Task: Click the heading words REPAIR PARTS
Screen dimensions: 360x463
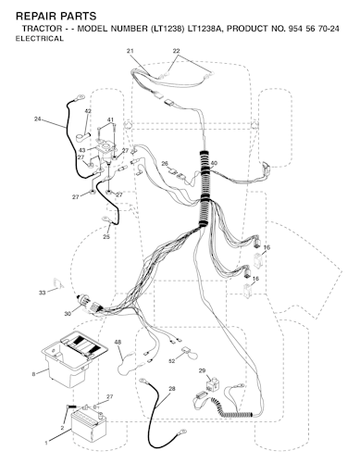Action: coord(56,16)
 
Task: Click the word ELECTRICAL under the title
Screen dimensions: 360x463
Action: coord(40,39)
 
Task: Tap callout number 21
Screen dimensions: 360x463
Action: coord(130,51)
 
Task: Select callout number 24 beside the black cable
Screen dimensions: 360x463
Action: coord(38,119)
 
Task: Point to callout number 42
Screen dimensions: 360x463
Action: coord(88,111)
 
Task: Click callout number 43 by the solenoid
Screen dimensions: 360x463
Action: coord(82,150)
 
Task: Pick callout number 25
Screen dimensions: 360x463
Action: coord(106,237)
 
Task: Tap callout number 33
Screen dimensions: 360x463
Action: coord(42,293)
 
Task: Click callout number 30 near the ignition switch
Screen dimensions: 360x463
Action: coord(68,314)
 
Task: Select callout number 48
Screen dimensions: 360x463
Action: coord(118,342)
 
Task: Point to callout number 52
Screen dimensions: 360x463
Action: coord(172,360)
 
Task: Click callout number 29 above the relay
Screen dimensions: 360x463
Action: coord(202,370)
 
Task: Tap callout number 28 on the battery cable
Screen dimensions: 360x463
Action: coord(172,389)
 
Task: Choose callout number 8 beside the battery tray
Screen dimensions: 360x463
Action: coord(33,374)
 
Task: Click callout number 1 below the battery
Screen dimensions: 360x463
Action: coord(46,444)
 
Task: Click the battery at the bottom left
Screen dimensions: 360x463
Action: coord(89,423)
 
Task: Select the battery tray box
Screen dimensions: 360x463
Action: coord(75,358)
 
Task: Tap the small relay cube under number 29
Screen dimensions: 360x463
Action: coord(212,384)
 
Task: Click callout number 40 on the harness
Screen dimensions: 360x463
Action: coord(214,163)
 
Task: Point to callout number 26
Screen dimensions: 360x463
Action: coord(165,163)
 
